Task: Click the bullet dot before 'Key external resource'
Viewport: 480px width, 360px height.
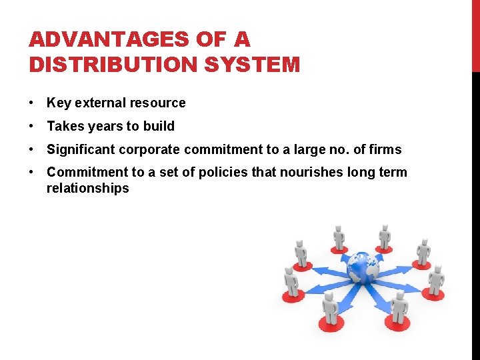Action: (32, 103)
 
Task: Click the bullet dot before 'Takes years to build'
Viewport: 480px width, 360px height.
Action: (32, 127)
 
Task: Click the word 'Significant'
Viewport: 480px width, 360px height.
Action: (79, 149)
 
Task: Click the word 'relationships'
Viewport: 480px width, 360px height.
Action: (87, 189)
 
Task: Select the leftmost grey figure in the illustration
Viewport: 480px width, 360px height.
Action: (291, 283)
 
